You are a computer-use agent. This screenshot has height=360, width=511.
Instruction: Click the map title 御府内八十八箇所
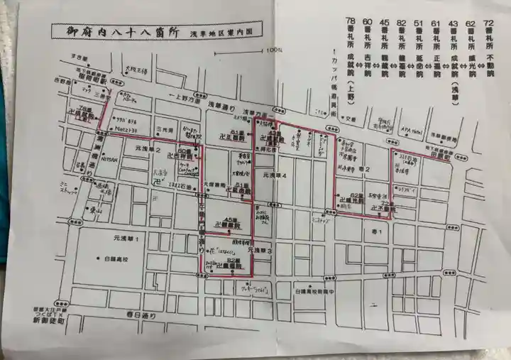click(118, 32)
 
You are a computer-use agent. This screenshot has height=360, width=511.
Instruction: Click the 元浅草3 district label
click(260, 251)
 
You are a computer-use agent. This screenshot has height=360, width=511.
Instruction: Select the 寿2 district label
click(366, 168)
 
